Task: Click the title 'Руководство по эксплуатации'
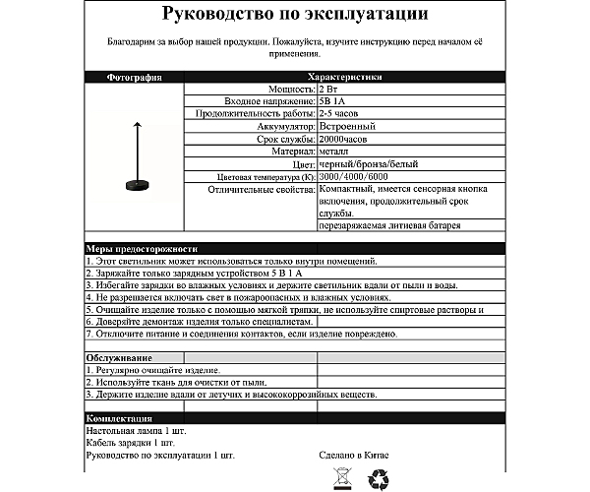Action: click(x=294, y=14)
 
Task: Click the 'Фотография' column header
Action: click(x=132, y=77)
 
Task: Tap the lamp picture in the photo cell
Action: click(x=132, y=157)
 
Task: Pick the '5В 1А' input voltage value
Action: click(x=334, y=101)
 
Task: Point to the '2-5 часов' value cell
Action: click(x=340, y=114)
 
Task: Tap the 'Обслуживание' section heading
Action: click(x=117, y=356)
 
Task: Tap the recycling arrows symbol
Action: click(x=379, y=479)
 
